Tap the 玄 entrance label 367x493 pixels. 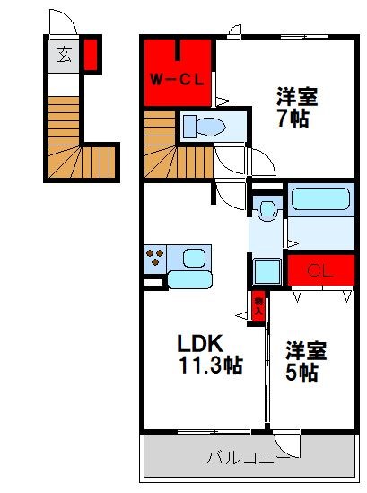pos(64,55)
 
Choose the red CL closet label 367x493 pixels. pos(316,270)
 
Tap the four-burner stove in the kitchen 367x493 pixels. pos(153,258)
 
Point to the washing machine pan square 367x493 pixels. pos(267,270)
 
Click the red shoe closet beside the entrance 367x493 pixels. pos(91,54)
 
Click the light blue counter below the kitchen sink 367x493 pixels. pos(188,279)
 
